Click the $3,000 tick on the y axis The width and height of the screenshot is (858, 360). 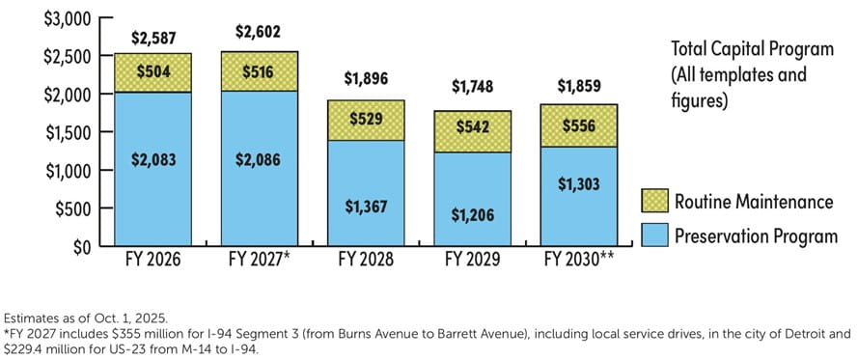pyautogui.click(x=42, y=18)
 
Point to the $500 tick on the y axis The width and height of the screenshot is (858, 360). pyautogui.click(x=46, y=208)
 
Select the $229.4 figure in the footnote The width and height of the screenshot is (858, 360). pyautogui.click(x=23, y=351)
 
